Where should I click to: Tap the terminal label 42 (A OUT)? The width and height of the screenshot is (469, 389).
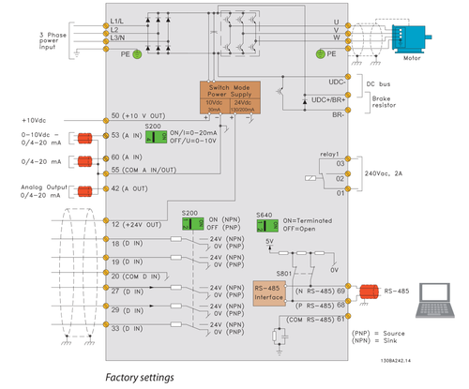tap(135, 188)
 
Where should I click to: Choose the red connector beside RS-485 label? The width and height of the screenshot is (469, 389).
tap(366, 292)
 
